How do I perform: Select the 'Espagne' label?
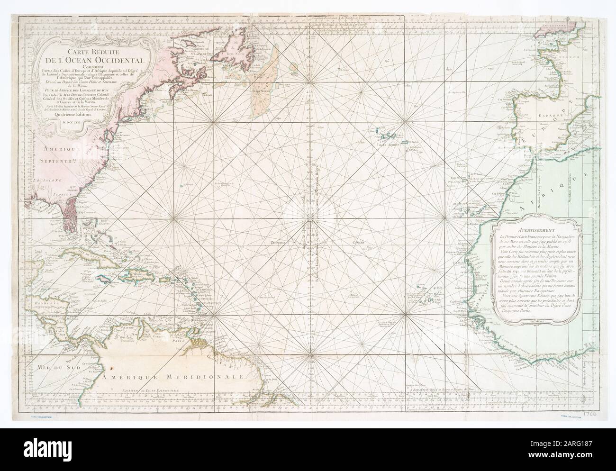[537, 114]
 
